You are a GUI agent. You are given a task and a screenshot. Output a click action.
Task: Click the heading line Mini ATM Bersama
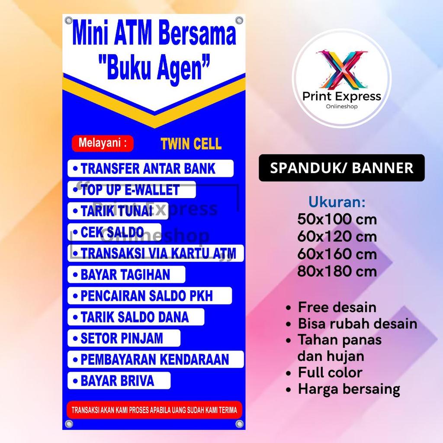tap(154, 35)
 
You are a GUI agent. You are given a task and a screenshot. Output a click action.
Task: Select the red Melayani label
tap(103, 143)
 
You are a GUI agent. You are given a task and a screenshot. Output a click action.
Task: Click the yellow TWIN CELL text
tap(191, 144)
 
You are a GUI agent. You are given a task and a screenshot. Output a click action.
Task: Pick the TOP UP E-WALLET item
tap(132, 189)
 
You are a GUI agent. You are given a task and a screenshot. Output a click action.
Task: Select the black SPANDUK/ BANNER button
tap(341, 168)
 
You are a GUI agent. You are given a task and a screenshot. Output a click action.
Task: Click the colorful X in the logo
tap(341, 69)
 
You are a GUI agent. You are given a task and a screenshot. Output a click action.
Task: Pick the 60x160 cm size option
tap(337, 254)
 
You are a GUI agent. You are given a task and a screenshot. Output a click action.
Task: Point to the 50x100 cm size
tap(337, 219)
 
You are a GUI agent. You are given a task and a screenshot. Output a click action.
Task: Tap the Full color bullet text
tap(330, 372)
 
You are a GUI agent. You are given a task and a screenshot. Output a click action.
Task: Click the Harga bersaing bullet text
tap(349, 389)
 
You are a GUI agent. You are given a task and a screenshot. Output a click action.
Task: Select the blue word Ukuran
tap(337, 202)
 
